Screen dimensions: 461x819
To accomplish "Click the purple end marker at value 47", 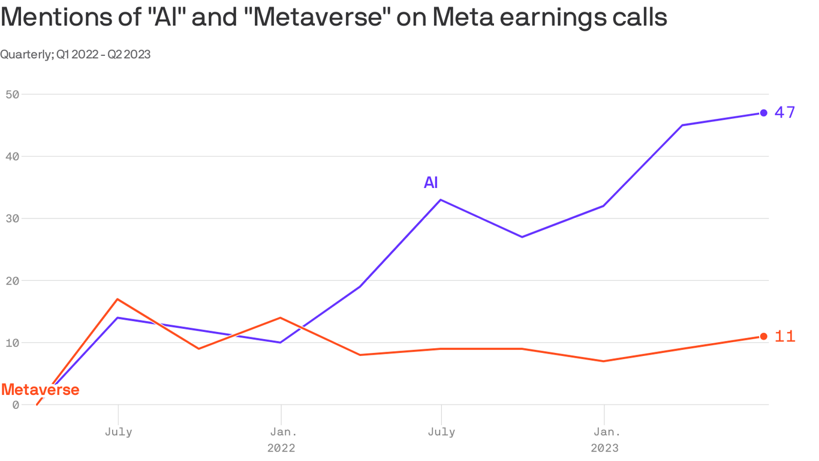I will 763,113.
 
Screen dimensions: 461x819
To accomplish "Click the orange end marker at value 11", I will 763,336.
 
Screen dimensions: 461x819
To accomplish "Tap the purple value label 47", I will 785,112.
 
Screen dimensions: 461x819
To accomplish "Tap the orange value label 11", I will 785,337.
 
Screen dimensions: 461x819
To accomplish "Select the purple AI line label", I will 430,182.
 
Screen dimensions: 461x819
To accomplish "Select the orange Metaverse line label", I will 40,390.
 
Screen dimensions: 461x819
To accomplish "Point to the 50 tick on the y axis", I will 13,94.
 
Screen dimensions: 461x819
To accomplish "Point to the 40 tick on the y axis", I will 13,156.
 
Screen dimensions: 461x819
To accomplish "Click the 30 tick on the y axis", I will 13,218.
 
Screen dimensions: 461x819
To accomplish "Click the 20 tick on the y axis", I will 13,280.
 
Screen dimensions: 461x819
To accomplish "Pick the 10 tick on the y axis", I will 13,343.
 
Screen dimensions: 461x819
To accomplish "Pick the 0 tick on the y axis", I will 16,405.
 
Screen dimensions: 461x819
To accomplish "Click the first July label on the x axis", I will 118,432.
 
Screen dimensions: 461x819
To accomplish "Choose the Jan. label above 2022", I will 281,432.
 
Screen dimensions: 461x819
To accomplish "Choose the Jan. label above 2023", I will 604,432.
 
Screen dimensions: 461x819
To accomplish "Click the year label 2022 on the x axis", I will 281,448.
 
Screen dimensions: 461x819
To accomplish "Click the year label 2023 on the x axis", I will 604,448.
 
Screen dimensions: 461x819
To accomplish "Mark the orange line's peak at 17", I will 118,299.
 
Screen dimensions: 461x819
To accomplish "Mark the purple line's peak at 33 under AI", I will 441,200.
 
